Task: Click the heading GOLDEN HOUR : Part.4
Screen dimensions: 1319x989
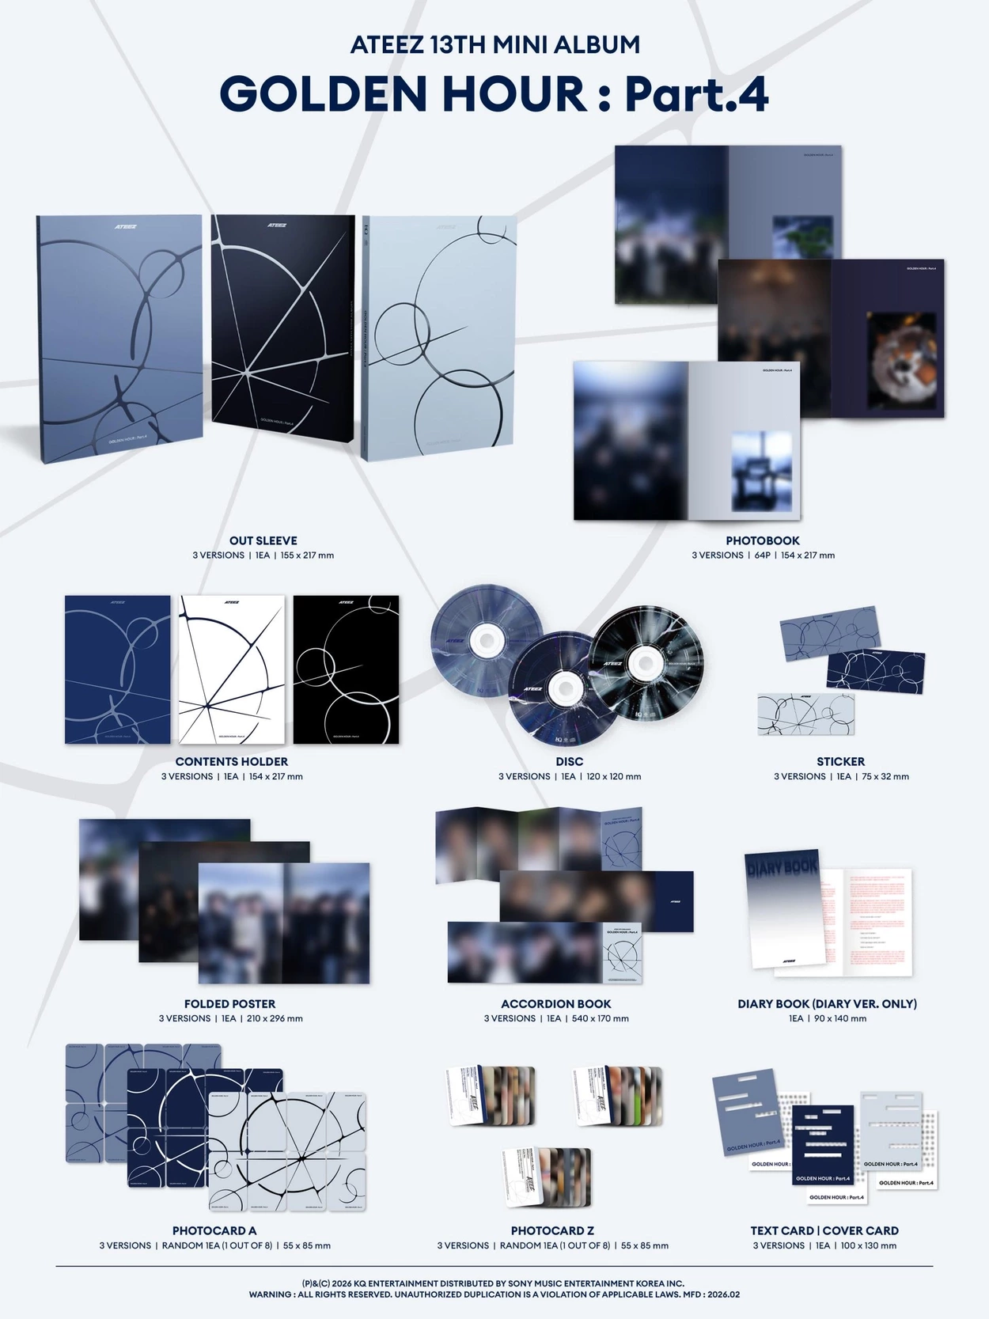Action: tap(494, 94)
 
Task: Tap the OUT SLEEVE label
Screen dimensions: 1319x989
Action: tap(263, 540)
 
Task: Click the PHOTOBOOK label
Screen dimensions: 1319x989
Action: tap(763, 540)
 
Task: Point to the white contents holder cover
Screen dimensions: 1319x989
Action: tap(232, 669)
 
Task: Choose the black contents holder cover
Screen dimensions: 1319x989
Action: tap(346, 669)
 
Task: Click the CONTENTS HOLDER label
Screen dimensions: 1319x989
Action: tap(232, 761)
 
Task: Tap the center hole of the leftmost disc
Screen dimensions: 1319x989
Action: tap(484, 640)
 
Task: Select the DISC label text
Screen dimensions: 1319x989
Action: tap(569, 761)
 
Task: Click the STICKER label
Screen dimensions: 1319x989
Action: tap(840, 761)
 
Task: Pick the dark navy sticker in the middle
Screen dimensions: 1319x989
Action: tap(876, 671)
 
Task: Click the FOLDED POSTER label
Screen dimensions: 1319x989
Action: tap(229, 1003)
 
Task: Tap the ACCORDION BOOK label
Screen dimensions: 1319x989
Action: tap(556, 1003)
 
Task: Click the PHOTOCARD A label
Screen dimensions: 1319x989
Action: tap(214, 1230)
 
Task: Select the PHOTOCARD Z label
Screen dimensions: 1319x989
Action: tap(552, 1230)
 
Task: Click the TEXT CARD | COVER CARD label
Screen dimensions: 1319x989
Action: tap(824, 1230)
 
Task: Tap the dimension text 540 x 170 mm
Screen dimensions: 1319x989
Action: tap(601, 1018)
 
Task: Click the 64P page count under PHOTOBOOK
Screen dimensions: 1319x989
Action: tap(762, 555)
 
